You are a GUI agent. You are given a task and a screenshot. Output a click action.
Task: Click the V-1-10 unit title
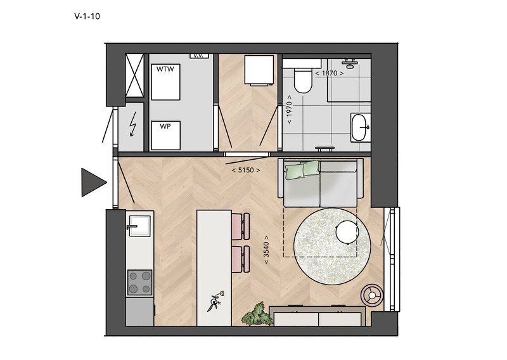tap(87, 16)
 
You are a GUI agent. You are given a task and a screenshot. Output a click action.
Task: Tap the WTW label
tap(165, 69)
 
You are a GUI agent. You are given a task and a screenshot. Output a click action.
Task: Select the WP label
tap(165, 126)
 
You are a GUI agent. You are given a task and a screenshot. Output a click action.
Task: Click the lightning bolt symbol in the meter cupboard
tap(132, 124)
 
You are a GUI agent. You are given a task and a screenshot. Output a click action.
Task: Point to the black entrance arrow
tap(94, 183)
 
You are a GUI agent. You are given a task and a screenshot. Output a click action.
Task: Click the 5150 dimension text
tap(246, 170)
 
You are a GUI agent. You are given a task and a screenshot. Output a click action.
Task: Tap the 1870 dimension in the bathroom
tap(329, 73)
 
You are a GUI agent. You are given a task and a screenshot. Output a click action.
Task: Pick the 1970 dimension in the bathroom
tap(289, 109)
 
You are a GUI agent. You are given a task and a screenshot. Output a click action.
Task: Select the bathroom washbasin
tap(360, 127)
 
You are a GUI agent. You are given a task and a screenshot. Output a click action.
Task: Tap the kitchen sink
tap(139, 226)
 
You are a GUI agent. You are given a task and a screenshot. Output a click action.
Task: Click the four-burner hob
tap(139, 283)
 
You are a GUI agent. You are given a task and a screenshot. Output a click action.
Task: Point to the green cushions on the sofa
tap(302, 169)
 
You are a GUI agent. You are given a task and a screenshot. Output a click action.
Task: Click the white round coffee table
tap(347, 231)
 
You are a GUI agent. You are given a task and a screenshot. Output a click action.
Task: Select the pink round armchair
tap(372, 295)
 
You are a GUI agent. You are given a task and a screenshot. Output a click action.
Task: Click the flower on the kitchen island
tap(215, 301)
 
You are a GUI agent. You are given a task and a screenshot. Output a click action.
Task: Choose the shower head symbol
tap(350, 64)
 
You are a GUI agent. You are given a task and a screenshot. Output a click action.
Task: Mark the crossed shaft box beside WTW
tap(134, 75)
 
